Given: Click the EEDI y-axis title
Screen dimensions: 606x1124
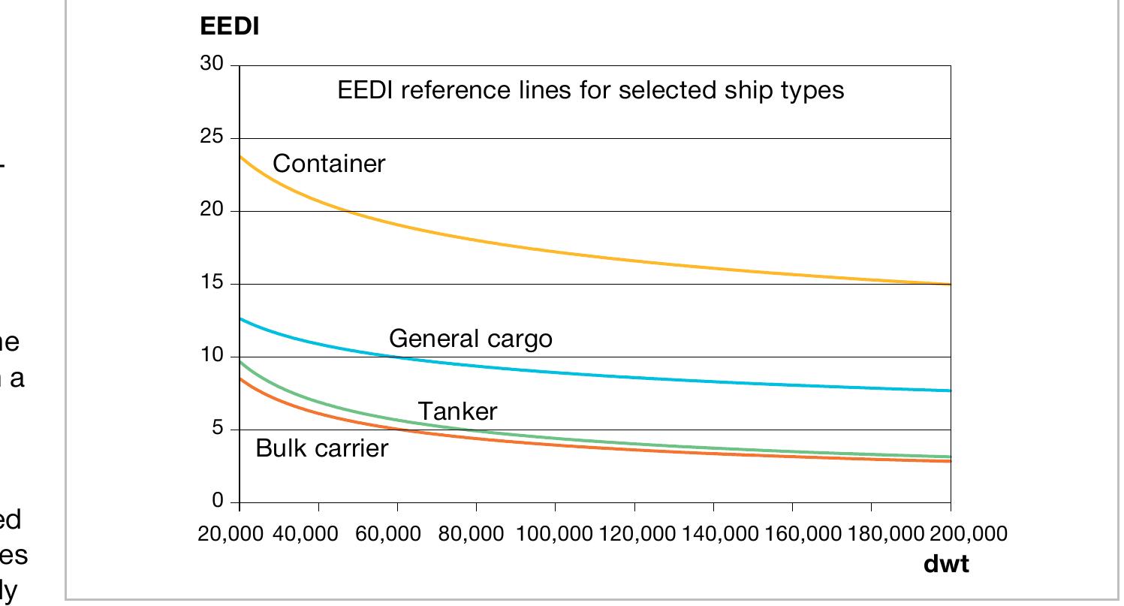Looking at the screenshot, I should (229, 26).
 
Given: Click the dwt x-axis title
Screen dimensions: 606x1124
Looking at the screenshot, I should (946, 565).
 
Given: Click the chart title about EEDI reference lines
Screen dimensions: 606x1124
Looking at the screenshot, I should (591, 90).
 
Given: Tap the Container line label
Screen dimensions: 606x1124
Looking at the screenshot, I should (328, 164).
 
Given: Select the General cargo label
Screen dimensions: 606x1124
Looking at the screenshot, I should (470, 339).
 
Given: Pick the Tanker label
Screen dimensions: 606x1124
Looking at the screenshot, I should (457, 412).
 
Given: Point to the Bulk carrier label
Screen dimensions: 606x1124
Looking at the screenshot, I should (321, 448).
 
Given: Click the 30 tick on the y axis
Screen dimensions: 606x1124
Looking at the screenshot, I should (212, 65).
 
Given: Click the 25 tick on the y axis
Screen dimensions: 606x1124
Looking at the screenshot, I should (212, 137).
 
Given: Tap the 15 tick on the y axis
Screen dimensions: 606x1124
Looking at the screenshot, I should (212, 283).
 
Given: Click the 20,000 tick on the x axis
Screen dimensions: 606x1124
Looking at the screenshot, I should (231, 534).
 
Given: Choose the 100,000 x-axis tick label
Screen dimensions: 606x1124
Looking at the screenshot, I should (556, 534).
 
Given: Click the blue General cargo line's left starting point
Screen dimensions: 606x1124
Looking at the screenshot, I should (240, 318).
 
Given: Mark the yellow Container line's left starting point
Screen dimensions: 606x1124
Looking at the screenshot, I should (240, 155).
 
